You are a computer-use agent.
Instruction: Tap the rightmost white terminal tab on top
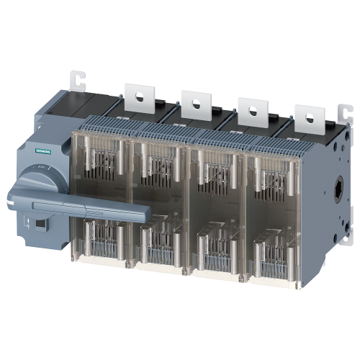pos(307,118)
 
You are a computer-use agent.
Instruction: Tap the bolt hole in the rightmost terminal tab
pos(308,115)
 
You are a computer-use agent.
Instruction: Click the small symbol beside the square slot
pos(28,224)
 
